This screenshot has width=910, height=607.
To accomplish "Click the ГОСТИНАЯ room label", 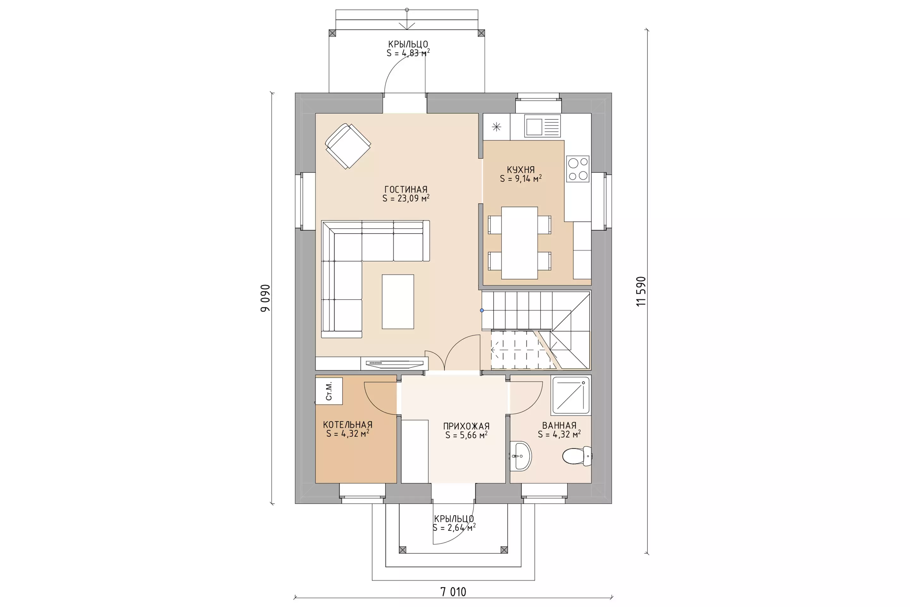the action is coord(406,189).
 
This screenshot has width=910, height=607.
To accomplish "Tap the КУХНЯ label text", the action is coord(521,169).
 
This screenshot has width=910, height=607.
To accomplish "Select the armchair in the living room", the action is coord(348,146).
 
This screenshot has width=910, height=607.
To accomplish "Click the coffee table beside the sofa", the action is coord(398,302).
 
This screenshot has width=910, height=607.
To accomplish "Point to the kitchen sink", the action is coord(543,126).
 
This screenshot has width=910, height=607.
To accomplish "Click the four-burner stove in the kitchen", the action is coord(578,169).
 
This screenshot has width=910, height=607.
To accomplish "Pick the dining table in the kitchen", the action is coord(519,243).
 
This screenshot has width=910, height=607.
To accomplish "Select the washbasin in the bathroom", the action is coord(520,456).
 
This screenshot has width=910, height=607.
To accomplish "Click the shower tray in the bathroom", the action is coord(571,395).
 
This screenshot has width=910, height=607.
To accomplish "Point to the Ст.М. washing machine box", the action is coord(329,391).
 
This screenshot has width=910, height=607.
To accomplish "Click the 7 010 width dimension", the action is coord(453,592).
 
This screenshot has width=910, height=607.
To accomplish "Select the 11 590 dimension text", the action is coord(641,291).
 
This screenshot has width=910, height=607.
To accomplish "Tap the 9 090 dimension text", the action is coord(265,298).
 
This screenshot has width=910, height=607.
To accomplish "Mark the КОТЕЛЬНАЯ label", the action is coord(348,425).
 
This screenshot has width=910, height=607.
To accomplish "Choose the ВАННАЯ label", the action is coord(559,426).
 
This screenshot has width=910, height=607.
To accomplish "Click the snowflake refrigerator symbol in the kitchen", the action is coord(496,126).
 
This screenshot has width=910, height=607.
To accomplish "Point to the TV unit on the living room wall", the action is coord(394,364).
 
